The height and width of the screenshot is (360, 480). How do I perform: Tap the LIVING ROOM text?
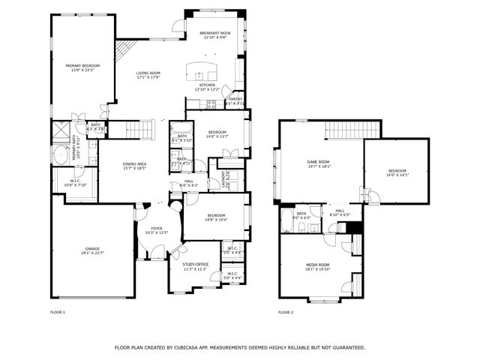pos(148,73)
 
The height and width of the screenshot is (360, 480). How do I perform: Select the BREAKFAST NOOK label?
pos(214,33)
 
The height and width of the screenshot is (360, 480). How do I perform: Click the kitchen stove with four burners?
pos(211,105)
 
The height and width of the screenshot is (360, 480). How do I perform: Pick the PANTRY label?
pos(235,99)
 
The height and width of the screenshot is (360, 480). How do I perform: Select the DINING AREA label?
pos(135,163)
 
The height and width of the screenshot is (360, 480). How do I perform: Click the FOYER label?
pos(156,228)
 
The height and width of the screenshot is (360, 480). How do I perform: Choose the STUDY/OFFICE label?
pos(195,264)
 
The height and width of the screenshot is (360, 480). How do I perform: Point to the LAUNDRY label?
pos(223,180)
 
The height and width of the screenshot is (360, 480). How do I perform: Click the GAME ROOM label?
pos(319,162)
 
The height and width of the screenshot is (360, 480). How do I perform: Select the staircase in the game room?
pos(349,130)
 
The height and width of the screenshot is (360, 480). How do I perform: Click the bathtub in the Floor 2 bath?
pos(286,223)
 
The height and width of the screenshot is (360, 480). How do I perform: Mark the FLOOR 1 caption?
pos(58,312)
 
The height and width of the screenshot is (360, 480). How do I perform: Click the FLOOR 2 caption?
pos(286,312)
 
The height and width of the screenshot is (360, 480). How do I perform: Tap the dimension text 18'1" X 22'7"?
pos(91,253)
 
